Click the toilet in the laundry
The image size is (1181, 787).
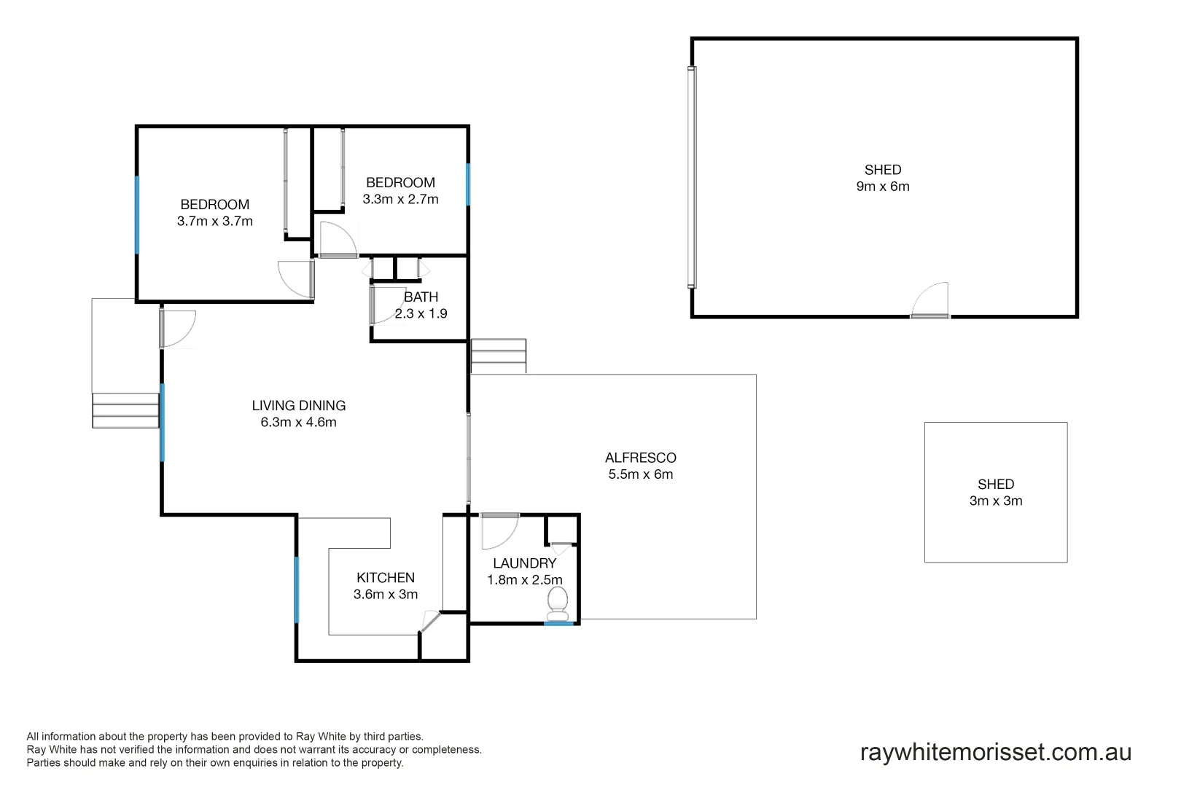(558, 602)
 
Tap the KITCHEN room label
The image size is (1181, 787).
(386, 578)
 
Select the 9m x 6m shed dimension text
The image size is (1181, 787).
(883, 187)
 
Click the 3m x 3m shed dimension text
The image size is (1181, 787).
(996, 501)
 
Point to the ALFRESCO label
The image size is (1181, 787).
(641, 458)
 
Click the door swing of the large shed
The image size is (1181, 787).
(932, 300)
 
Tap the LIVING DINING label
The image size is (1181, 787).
(299, 406)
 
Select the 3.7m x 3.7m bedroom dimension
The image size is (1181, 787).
(215, 222)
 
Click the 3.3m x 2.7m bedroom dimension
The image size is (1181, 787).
(401, 200)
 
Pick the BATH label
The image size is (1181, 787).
(421, 297)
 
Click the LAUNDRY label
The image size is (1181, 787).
(525, 563)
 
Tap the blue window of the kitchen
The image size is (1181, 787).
(297, 590)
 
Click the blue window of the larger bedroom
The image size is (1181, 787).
(137, 215)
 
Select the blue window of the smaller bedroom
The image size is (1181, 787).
(468, 184)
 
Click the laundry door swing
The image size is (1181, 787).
(499, 531)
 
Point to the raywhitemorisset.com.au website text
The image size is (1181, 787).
(996, 752)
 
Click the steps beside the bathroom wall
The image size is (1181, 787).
(499, 356)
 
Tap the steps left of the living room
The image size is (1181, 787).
(125, 410)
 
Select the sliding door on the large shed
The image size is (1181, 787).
(692, 177)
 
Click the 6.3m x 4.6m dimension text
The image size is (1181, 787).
(299, 423)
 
